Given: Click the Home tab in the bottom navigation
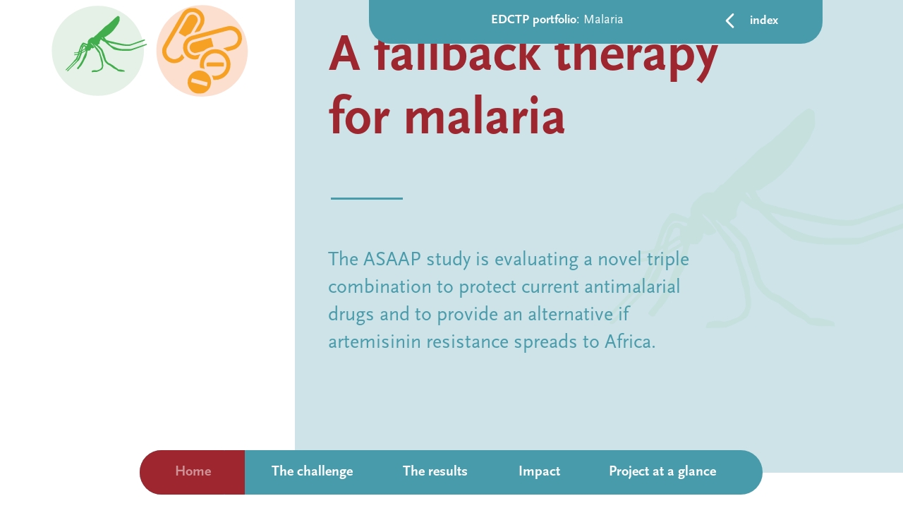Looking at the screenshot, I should click(193, 472).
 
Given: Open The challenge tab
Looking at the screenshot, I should click(312, 472).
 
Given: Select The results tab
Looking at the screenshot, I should click(435, 472).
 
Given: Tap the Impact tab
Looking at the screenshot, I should click(539, 472).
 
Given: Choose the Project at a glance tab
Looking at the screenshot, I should click(662, 472).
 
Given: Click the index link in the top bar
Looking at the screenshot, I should click(763, 20).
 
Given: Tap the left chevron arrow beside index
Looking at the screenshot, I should click(730, 21).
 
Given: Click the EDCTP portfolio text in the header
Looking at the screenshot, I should click(534, 20).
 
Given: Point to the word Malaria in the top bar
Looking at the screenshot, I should click(603, 20).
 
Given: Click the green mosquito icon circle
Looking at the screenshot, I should click(98, 51).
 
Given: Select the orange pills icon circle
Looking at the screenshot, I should click(202, 51).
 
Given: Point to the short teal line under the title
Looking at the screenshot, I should click(367, 198).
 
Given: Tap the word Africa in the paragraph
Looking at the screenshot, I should click(629, 342).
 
